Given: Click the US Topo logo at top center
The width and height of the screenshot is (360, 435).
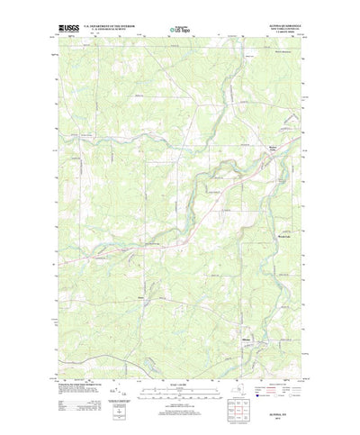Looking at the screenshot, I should [x=179, y=29].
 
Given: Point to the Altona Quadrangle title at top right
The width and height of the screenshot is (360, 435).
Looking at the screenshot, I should [x=280, y=25].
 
